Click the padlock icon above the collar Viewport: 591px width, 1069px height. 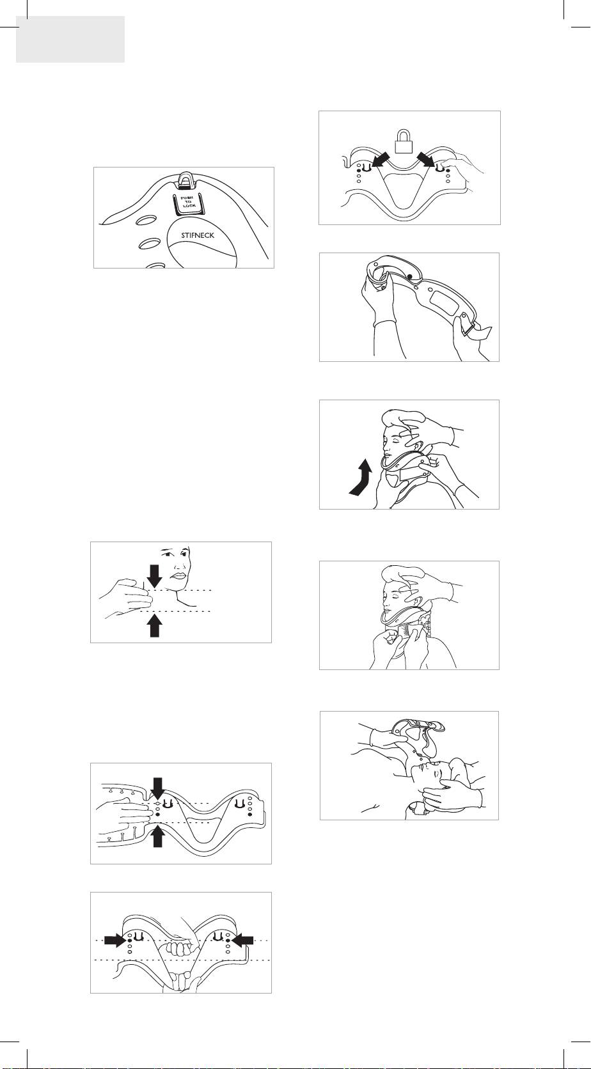(x=404, y=140)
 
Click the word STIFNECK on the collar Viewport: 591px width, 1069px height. (x=198, y=235)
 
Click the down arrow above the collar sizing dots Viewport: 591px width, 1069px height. (x=158, y=788)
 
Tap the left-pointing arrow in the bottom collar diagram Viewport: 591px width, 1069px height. (x=242, y=940)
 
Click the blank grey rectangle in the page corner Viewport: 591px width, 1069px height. (x=70, y=39)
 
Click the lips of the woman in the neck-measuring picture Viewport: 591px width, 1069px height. (x=178, y=575)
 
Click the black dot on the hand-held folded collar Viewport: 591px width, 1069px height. (x=409, y=277)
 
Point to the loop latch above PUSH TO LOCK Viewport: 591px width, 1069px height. (x=184, y=180)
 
